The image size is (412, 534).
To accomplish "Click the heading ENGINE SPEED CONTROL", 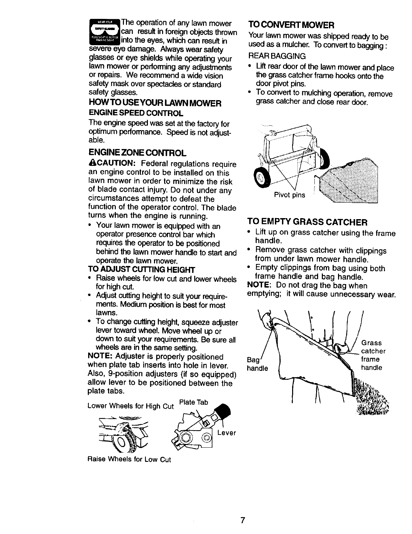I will (x=136, y=113).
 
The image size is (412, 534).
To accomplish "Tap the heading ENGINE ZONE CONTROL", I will (x=137, y=153).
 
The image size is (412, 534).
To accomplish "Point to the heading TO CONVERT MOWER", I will (x=291, y=25).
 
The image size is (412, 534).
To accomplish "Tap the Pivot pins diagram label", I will (x=289, y=195).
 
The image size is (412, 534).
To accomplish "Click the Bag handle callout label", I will (x=257, y=363).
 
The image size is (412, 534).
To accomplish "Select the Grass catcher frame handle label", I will (x=373, y=355).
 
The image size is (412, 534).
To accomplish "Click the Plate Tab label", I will (x=193, y=402).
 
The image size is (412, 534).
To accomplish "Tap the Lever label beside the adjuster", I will (x=226, y=433).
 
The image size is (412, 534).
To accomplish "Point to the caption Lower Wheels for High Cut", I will (x=130, y=406).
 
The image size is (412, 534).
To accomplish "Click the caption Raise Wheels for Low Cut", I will (x=129, y=459).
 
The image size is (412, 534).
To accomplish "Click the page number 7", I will (x=242, y=520).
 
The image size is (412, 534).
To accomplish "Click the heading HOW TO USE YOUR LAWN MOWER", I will (x=155, y=103).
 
